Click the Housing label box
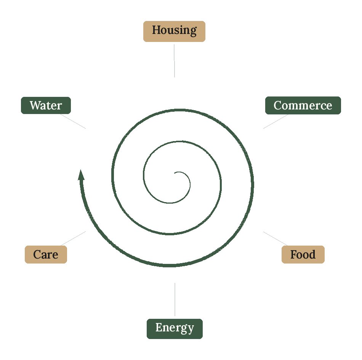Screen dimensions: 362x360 coord(174,31)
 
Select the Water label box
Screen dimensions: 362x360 coord(46,105)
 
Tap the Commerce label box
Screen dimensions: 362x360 coord(303,105)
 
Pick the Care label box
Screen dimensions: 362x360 coord(46,254)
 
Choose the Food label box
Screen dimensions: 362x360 coord(303,254)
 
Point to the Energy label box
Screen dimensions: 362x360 coord(175,329)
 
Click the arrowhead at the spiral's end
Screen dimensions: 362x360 coord(81,175)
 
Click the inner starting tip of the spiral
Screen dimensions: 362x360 coord(174,173)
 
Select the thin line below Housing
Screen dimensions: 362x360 coord(174,61)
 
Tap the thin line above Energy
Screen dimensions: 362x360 coord(175,299)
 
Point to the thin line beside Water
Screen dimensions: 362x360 coord(73,121)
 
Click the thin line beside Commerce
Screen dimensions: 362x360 coord(276,122)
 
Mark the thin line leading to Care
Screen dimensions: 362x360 coord(73,238)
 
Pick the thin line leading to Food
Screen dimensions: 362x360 coord(275,238)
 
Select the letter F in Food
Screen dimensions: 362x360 coord(294,254)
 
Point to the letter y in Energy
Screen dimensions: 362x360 coord(191,329)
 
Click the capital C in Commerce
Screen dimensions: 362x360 coord(278,105)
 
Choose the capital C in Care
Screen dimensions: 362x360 coord(38,254)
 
